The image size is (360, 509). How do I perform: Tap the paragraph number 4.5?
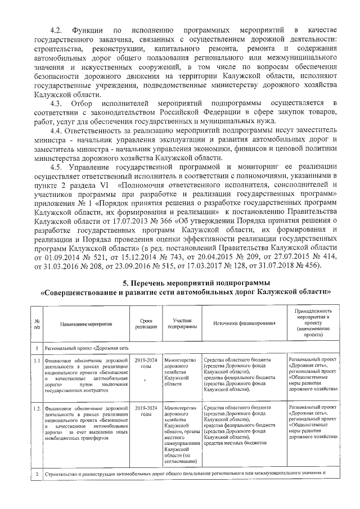click(59, 168)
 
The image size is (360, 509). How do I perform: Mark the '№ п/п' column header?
click(35, 325)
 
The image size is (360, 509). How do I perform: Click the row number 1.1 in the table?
click(35, 360)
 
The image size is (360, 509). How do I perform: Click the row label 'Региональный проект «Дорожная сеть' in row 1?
click(87, 348)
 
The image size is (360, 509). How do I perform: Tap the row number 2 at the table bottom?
click(35, 472)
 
